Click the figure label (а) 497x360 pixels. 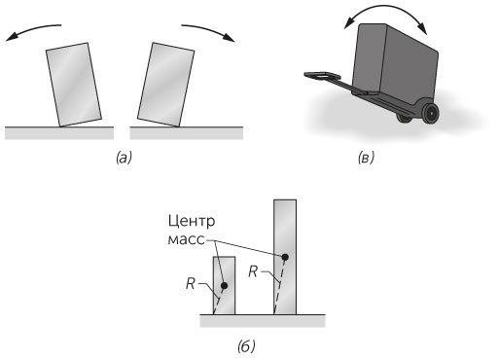point(124,158)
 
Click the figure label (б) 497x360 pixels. point(246,346)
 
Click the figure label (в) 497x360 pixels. point(366,158)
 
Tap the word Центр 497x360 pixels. point(192,222)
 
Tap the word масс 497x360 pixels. point(187,239)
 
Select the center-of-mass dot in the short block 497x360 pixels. point(224,286)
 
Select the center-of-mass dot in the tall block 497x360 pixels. point(285,257)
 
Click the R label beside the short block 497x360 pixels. point(191,283)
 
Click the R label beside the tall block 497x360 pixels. point(253,271)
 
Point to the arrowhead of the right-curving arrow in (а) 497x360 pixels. point(231,38)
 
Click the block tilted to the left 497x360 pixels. point(74,85)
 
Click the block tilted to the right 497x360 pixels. point(166,85)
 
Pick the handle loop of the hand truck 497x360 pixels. point(321,76)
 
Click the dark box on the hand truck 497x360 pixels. point(395,61)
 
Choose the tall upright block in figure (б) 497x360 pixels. point(285,257)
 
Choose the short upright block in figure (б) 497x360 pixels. point(224,285)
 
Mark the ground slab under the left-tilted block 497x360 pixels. point(59,133)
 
